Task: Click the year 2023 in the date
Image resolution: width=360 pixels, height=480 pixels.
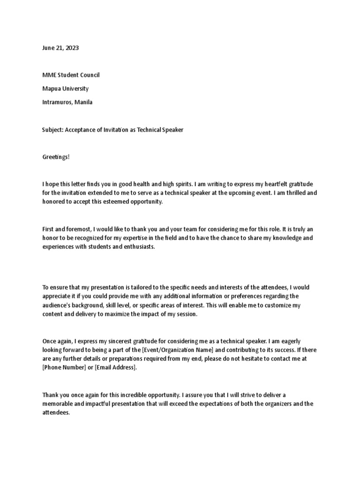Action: pyautogui.click(x=72, y=48)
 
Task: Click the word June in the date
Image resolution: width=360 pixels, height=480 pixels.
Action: pyautogui.click(x=49, y=48)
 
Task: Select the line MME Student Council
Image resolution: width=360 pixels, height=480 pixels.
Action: pyautogui.click(x=71, y=75)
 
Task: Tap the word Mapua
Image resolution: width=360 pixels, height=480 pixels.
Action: pyautogui.click(x=52, y=89)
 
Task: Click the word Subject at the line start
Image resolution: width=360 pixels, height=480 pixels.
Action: pyautogui.click(x=52, y=129)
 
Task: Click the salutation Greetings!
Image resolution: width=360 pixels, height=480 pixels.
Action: pyautogui.click(x=55, y=157)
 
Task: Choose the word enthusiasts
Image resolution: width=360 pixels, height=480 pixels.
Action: pyautogui.click(x=137, y=247)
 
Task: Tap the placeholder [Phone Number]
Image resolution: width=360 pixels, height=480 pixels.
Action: pyautogui.click(x=65, y=368)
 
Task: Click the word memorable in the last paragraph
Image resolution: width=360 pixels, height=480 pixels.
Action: pyautogui.click(x=59, y=404)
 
